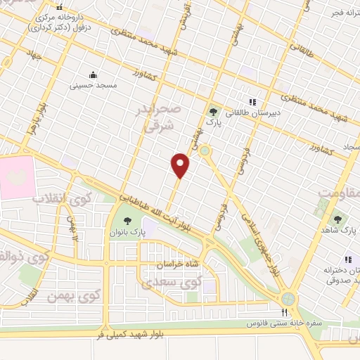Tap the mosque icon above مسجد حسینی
tap(92, 75)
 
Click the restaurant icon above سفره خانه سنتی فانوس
tap(285, 312)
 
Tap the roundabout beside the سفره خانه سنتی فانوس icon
tap(290, 299)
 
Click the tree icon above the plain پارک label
tap(213, 111)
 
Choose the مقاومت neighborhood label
tap(337, 192)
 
